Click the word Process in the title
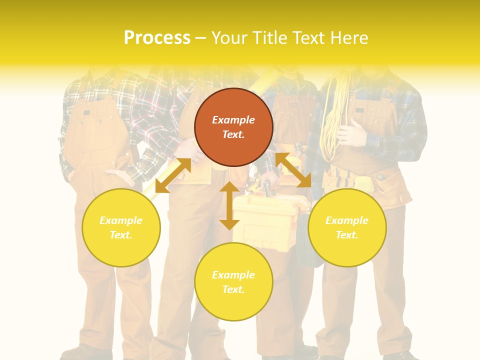tap(157, 38)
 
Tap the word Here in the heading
tap(348, 38)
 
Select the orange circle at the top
tap(233, 127)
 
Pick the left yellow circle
tap(121, 227)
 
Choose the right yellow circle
tap(347, 227)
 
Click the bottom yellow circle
tap(233, 281)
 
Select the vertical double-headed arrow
tap(229, 205)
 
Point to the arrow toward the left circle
tap(173, 175)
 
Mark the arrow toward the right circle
tap(293, 170)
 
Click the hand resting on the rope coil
tap(352, 135)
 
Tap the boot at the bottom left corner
tap(80, 352)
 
